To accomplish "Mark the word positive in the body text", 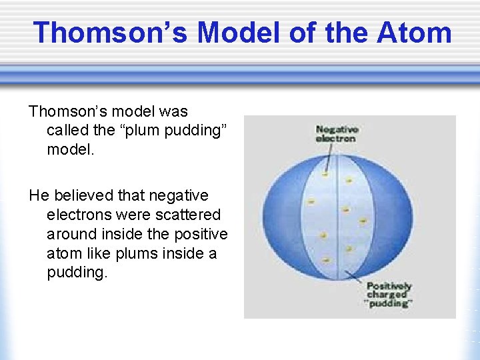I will tap(199, 234).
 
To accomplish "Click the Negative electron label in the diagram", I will tap(336, 133).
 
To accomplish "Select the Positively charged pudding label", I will tap(389, 294).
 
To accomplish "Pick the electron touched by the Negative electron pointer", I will tap(325, 175).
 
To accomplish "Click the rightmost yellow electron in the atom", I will tap(363, 220).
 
